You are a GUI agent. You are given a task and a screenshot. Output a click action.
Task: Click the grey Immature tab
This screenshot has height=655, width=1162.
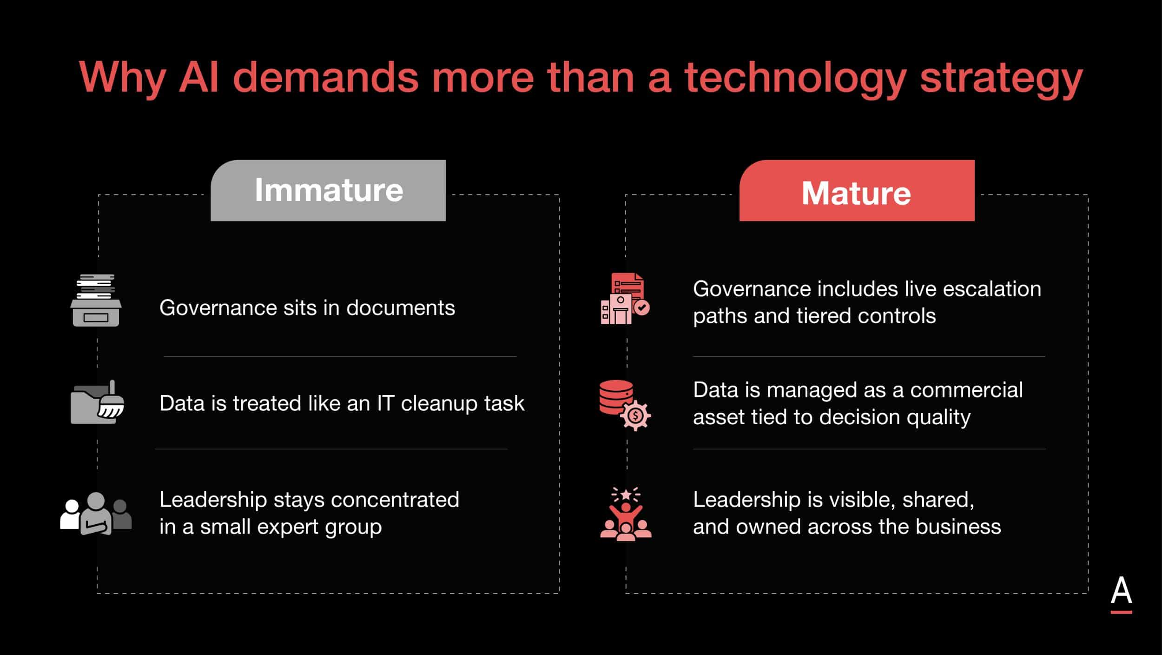pyautogui.click(x=328, y=190)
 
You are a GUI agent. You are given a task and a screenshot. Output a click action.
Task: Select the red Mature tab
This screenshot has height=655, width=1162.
pyautogui.click(x=857, y=190)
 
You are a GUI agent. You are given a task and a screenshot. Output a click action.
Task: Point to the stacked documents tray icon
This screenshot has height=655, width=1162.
pyautogui.click(x=96, y=300)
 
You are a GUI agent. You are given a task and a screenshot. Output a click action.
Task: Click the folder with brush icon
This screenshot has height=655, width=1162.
pyautogui.click(x=97, y=402)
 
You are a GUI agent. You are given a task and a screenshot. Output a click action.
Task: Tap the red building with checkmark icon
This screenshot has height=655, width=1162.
pyautogui.click(x=625, y=299)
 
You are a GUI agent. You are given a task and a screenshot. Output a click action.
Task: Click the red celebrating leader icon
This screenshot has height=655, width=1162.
pyautogui.click(x=626, y=514)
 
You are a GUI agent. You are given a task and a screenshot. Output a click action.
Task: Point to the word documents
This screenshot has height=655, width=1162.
pyautogui.click(x=401, y=308)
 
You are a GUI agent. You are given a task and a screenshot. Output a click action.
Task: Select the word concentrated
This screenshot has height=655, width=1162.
pyautogui.click(x=395, y=500)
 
